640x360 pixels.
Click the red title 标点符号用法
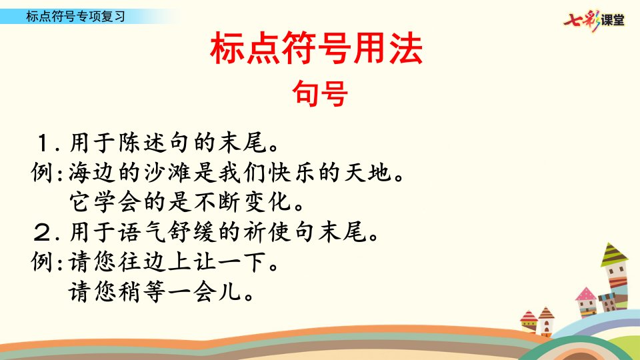coord(316,48)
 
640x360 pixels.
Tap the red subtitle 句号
coord(320,93)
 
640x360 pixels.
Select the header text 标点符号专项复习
coord(75,16)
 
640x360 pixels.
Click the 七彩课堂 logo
coord(594,19)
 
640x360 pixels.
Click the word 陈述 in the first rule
coord(143,143)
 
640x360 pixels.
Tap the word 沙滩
coord(167,173)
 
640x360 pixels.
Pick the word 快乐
coord(291,173)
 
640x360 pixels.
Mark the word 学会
coord(117,202)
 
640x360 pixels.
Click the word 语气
coord(143,232)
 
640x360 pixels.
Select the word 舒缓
coord(192,232)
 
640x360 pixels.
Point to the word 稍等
coord(142,292)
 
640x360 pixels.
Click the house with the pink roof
coord(587,302)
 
